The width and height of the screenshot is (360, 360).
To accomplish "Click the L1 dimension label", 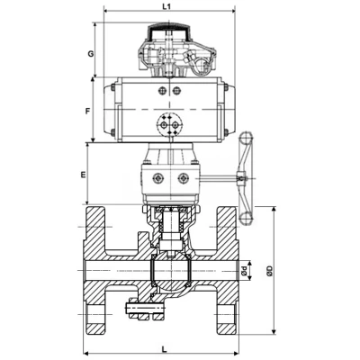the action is pos(166,6).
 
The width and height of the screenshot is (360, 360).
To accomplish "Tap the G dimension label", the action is pos(91,54).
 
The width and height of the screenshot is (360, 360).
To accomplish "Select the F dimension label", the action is pos(87,112).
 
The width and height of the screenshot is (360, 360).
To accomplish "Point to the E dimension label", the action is pos(83,175).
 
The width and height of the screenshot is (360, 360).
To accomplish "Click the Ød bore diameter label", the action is pos(244,271).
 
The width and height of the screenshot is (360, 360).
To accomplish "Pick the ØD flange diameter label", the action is pos(270,271).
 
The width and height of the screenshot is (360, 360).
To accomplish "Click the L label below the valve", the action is pos(164,349).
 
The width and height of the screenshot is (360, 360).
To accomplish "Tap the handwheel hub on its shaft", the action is pos(241,178).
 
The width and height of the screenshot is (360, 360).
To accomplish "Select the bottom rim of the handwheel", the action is pos(247,219).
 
